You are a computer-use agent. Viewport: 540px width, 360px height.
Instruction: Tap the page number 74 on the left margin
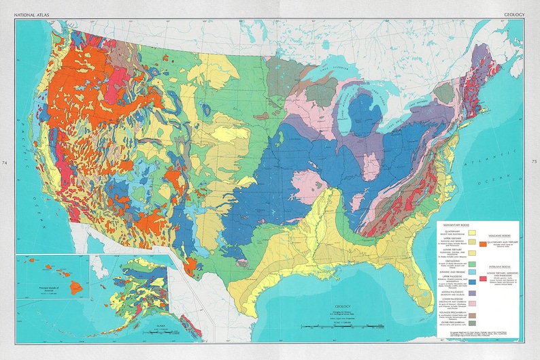tap(5, 163)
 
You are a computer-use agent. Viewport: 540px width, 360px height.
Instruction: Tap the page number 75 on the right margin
tap(534, 163)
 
